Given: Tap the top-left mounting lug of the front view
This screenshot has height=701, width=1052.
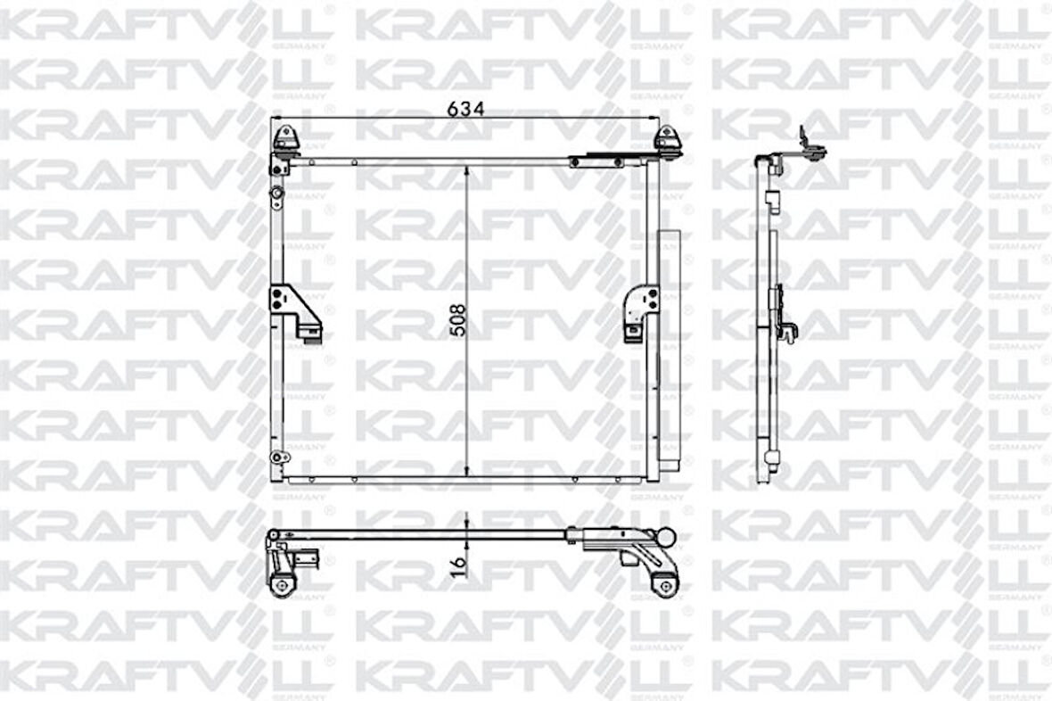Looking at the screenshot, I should tap(284, 139).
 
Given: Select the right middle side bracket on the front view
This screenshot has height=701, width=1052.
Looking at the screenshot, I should tap(640, 311).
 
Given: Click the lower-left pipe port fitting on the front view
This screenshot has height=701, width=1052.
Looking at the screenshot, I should tap(277, 457).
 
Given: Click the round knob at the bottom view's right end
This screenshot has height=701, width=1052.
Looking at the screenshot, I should tap(665, 537).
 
